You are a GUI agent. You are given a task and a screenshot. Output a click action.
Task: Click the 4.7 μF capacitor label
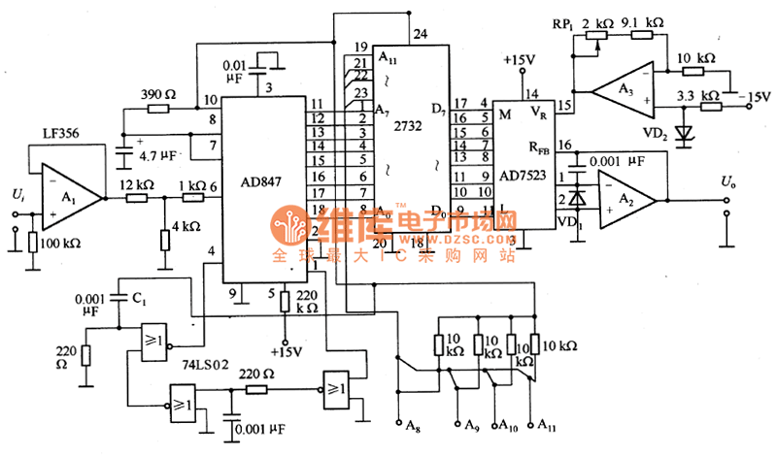[x=159, y=153]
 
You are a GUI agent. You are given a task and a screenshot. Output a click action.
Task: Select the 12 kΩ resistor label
[x=136, y=184]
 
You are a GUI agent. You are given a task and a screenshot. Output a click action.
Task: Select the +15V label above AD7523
[x=520, y=59]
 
